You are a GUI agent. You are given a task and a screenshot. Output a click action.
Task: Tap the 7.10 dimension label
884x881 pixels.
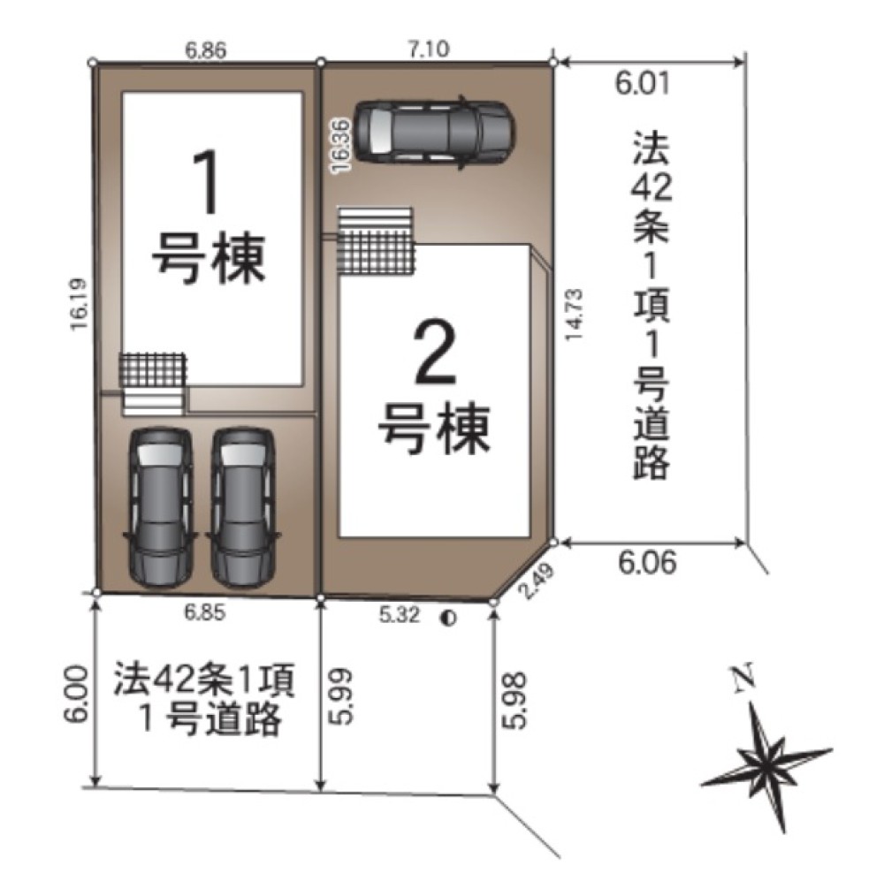[x=432, y=50]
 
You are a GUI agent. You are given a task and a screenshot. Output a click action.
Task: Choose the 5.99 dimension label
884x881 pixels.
[x=343, y=696]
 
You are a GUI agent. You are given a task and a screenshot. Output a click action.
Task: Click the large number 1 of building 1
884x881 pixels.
[x=209, y=183]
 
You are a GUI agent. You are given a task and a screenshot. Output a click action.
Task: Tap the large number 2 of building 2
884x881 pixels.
[x=433, y=353]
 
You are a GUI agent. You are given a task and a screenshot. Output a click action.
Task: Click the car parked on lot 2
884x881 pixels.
[x=433, y=132]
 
